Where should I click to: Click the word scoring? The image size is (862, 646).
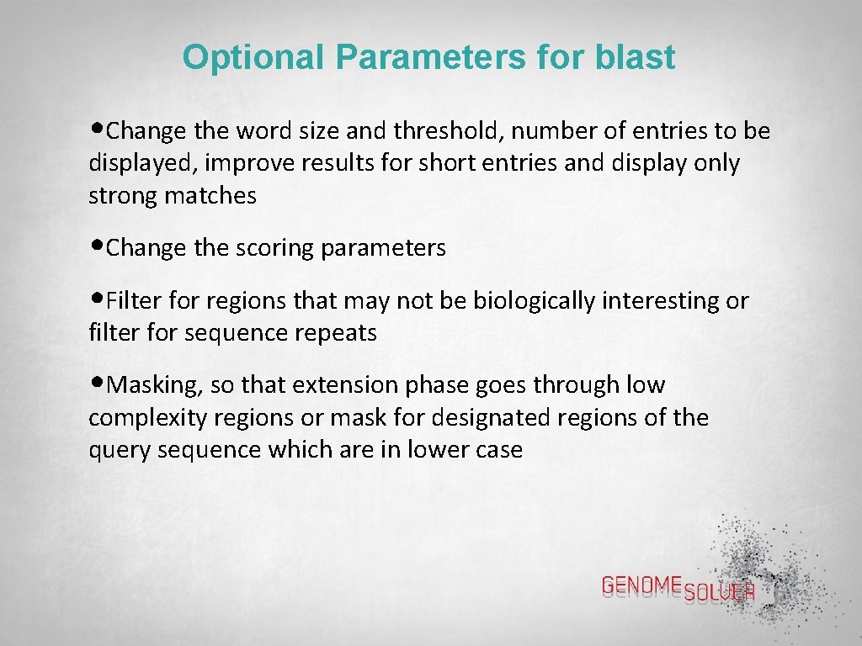point(273,249)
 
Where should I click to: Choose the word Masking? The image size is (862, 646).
point(157,385)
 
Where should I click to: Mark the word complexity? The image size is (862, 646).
point(148,418)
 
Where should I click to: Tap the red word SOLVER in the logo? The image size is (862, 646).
point(719,593)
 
